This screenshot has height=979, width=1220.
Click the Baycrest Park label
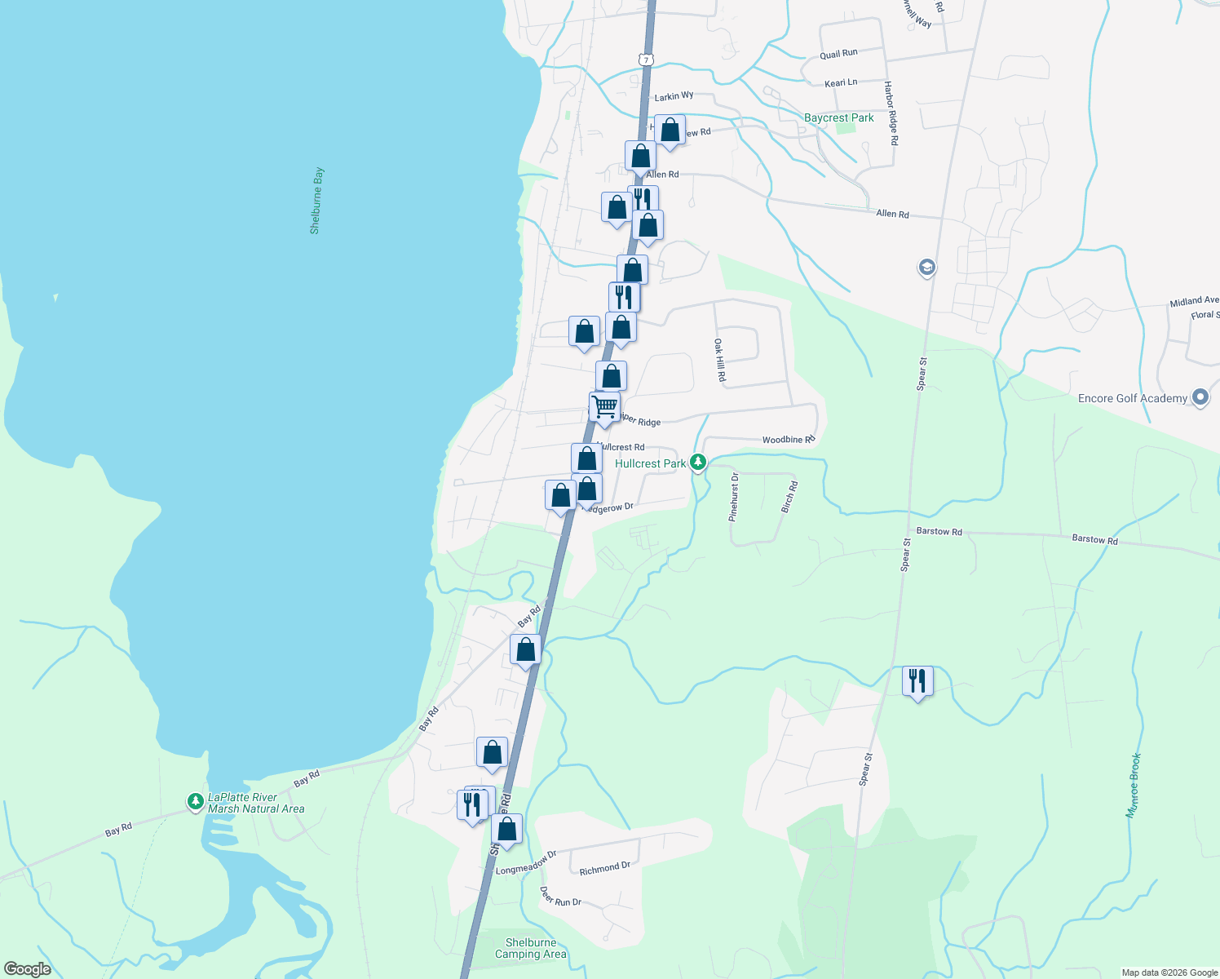838,118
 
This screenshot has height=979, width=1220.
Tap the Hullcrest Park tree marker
697,463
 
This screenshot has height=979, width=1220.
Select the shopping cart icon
604,405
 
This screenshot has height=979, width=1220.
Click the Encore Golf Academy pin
1200,397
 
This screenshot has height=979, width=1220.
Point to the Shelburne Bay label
316,201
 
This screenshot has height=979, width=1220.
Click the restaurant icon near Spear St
917,680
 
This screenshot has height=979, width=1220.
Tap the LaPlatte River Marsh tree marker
195,802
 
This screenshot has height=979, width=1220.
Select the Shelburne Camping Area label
530,948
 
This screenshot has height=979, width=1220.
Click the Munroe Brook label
1134,785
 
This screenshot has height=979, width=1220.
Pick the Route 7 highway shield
646,60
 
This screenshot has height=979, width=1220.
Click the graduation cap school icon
926,267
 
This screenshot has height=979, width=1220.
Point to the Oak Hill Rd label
719,361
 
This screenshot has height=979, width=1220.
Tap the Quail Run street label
838,54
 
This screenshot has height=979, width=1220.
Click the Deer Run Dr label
560,897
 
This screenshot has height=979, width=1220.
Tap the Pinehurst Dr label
733,497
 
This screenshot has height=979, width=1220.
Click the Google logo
28,969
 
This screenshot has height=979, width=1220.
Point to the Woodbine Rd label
789,440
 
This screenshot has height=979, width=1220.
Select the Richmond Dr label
604,868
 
